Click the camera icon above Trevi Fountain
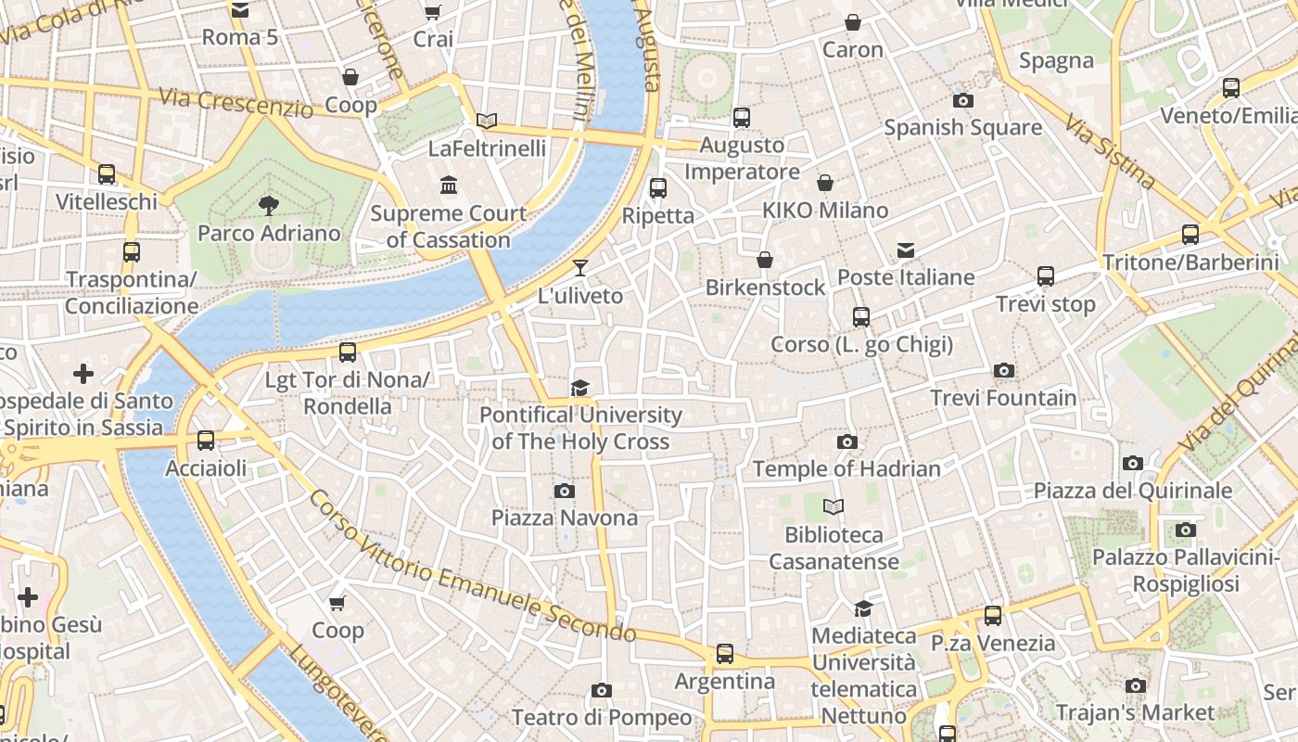click(1003, 371)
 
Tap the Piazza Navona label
click(565, 518)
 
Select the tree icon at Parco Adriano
click(269, 205)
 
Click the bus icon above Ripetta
click(658, 188)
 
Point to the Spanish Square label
click(962, 128)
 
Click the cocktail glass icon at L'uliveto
click(580, 268)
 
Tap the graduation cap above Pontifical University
click(580, 388)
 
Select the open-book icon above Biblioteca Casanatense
click(834, 506)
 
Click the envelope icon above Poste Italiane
click(906, 249)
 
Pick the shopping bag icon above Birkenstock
click(765, 260)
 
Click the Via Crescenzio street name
click(235, 102)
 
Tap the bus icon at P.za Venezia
click(993, 615)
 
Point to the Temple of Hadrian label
click(846, 469)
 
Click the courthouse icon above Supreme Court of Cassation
click(450, 185)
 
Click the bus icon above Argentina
click(725, 653)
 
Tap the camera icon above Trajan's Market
click(1136, 685)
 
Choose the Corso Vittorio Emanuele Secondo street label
click(471, 568)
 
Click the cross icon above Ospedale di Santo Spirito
click(83, 374)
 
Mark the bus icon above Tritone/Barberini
click(1190, 234)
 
